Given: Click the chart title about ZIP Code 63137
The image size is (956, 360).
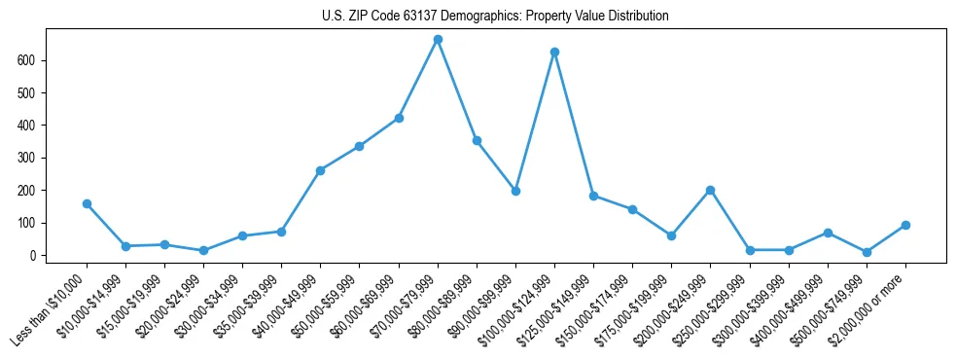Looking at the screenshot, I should pos(495,17).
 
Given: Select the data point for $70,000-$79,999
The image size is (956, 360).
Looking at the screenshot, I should pos(438,40).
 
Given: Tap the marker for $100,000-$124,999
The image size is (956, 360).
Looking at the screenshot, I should pos(554,52).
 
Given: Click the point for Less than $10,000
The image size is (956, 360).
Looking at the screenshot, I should pos(87,203).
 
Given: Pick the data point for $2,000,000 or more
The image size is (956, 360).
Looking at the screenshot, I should pos(905,225).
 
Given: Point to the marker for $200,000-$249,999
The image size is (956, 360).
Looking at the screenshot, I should pos(710,190).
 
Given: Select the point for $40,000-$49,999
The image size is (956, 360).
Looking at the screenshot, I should pos(320,170).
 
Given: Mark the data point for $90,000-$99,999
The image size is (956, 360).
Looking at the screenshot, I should pos(515,191).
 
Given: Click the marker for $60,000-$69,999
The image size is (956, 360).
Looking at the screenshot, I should pos(399,118).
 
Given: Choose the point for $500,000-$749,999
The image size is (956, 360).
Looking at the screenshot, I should pos(867,252).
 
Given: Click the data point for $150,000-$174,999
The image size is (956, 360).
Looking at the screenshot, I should pos(632,209).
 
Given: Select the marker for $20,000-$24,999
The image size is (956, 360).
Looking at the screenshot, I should pos(203,250).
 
